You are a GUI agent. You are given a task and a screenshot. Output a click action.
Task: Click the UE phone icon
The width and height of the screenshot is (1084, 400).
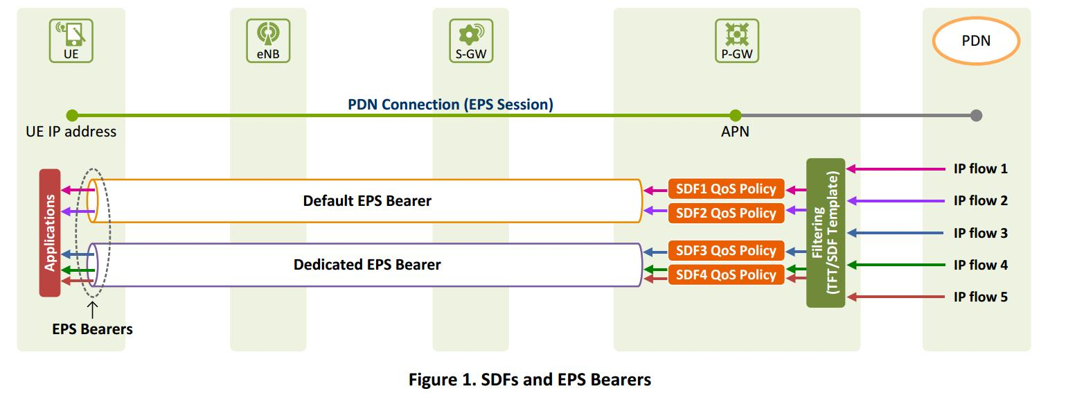[x=71, y=34]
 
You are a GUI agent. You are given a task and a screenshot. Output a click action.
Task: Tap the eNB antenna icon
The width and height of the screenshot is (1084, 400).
[x=267, y=34]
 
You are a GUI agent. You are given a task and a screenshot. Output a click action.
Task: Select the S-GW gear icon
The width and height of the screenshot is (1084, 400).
[x=470, y=34]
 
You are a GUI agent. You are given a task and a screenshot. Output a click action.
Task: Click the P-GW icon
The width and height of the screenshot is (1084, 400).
[x=736, y=34]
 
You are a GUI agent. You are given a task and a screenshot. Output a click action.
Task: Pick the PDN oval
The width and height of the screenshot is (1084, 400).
[x=975, y=41]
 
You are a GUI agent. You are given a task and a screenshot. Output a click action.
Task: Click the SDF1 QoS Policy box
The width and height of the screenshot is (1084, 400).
[x=726, y=189]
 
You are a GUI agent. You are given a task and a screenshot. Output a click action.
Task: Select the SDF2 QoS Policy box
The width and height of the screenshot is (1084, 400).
[x=726, y=213]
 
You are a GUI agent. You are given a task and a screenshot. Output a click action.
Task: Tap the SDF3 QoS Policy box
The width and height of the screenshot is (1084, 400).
[x=726, y=251]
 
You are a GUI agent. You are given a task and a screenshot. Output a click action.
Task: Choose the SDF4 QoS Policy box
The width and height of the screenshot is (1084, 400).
[x=726, y=275]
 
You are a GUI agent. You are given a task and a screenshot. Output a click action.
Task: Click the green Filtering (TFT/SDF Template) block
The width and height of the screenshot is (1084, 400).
[x=825, y=233]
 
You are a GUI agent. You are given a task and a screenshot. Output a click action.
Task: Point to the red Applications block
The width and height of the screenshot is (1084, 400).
[x=50, y=233]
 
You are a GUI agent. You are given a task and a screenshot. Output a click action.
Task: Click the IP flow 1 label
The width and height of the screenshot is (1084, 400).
[x=980, y=168]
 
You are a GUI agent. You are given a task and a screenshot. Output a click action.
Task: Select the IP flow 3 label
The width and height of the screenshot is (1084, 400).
[x=980, y=233]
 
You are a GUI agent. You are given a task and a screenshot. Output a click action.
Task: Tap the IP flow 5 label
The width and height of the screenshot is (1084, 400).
[x=980, y=297]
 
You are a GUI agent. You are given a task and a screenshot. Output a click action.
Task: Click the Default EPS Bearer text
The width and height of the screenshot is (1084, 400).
[x=367, y=201]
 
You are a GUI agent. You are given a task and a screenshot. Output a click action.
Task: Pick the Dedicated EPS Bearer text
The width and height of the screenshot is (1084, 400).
[x=367, y=265]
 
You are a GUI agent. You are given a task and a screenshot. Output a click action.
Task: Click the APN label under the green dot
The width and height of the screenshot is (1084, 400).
[x=735, y=132]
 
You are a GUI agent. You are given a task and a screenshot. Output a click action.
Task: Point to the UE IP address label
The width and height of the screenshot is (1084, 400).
[x=71, y=132]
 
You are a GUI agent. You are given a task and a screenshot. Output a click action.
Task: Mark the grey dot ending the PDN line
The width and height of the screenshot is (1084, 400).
[x=976, y=116]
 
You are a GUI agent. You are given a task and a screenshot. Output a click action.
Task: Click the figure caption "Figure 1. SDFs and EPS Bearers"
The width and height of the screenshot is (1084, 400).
[x=530, y=380]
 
